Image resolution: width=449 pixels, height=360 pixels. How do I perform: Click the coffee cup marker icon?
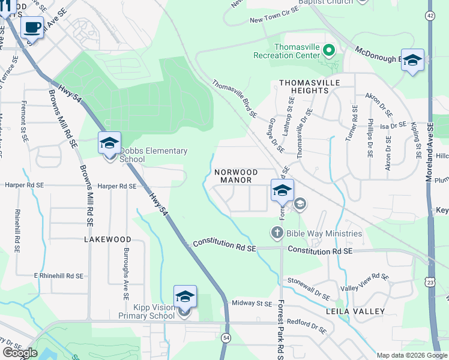pyautogui.click(x=32, y=27)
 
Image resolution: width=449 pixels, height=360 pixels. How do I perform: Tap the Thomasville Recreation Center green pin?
pyautogui.click(x=328, y=50)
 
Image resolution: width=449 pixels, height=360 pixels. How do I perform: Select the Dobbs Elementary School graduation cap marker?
pyautogui.click(x=110, y=143)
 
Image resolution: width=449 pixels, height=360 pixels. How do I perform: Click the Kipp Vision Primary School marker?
pyautogui.click(x=185, y=296)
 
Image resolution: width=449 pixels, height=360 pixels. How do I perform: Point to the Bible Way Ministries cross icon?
pyautogui.click(x=277, y=232)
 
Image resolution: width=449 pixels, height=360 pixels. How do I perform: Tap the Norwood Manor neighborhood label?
pyautogui.click(x=237, y=176)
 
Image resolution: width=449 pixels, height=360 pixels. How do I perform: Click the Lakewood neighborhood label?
pyautogui.click(x=107, y=239)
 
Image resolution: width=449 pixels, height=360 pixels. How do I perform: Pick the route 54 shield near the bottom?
pyautogui.click(x=226, y=338)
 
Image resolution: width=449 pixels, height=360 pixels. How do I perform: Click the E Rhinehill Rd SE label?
pyautogui.click(x=58, y=275)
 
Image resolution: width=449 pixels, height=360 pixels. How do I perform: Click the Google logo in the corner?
pyautogui.click(x=20, y=352)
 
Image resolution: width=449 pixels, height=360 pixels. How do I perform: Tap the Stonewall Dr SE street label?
pyautogui.click(x=309, y=289)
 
